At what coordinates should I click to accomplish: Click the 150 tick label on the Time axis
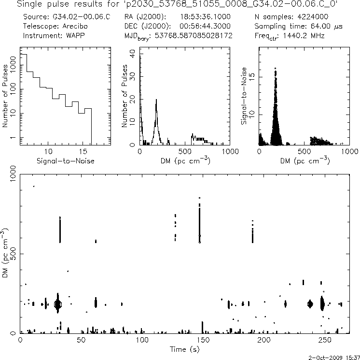(x=203, y=340)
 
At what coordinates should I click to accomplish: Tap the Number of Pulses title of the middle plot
(x=125, y=97)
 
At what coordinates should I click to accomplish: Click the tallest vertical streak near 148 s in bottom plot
(x=199, y=220)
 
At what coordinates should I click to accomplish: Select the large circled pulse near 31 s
(x=58, y=304)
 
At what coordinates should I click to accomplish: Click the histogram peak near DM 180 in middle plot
(x=156, y=101)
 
